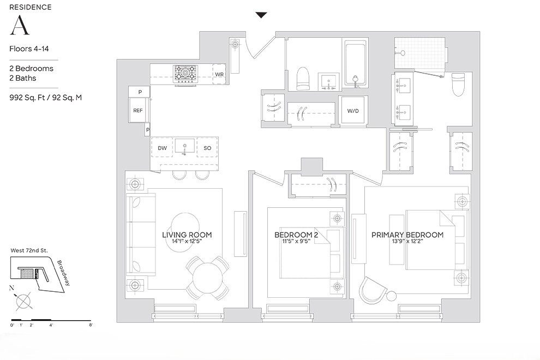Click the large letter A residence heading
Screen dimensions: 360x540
pos(19,26)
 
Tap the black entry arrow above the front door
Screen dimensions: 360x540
pos(261,15)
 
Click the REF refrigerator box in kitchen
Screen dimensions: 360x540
pos(137,110)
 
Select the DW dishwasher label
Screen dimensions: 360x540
pos(162,148)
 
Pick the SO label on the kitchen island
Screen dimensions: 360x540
pos(207,148)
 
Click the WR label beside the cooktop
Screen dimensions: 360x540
pos(219,74)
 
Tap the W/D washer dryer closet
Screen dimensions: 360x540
pos(353,111)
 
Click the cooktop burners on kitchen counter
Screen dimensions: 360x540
pos(185,73)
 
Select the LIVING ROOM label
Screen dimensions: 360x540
pos(187,235)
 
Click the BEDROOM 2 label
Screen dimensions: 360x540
pos(296,235)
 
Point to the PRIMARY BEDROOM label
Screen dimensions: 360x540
pos(407,235)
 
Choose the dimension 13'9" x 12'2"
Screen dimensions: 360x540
pos(407,243)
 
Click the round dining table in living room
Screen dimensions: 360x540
pos(207,278)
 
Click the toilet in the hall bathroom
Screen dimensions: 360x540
pos(303,79)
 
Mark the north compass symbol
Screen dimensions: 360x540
pos(23,301)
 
